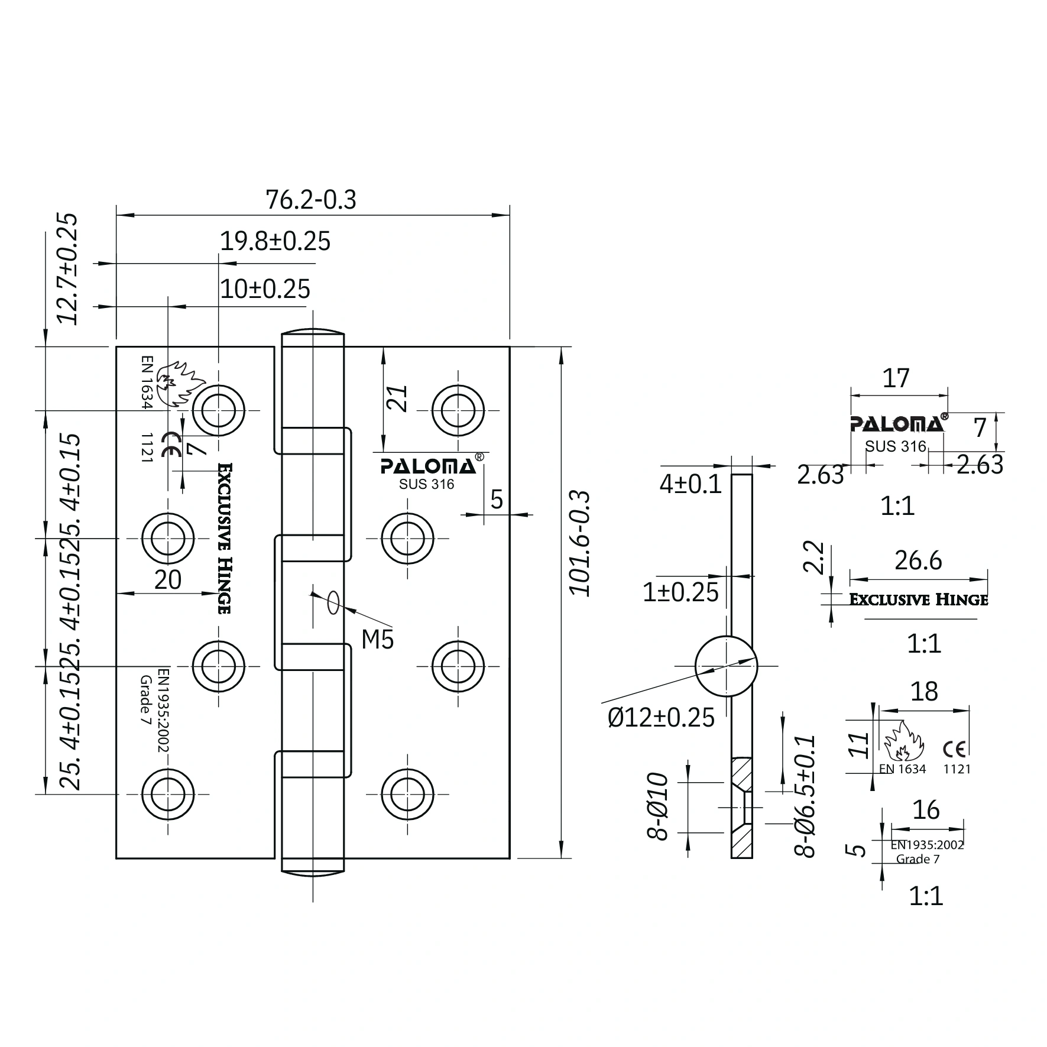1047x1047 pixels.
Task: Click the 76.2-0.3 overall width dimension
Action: click(x=311, y=200)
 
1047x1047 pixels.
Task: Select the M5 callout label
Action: click(x=377, y=639)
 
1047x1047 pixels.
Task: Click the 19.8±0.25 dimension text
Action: click(x=275, y=241)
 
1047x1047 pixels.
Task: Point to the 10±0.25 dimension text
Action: click(x=265, y=289)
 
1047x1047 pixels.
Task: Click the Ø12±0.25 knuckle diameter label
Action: click(x=661, y=717)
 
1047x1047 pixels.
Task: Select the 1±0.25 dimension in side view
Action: click(x=680, y=592)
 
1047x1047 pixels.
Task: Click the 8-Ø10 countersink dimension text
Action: click(x=657, y=806)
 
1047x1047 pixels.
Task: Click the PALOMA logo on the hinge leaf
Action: click(x=428, y=466)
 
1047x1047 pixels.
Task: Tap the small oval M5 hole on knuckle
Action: click(x=333, y=602)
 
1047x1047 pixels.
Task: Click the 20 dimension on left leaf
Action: click(x=168, y=580)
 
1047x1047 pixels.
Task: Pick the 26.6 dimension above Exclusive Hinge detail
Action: click(x=918, y=560)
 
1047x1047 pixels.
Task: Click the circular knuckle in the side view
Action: click(x=725, y=666)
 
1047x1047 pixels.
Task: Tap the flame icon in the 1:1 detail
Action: click(x=902, y=743)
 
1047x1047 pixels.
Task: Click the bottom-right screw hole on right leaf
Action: click(x=407, y=794)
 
